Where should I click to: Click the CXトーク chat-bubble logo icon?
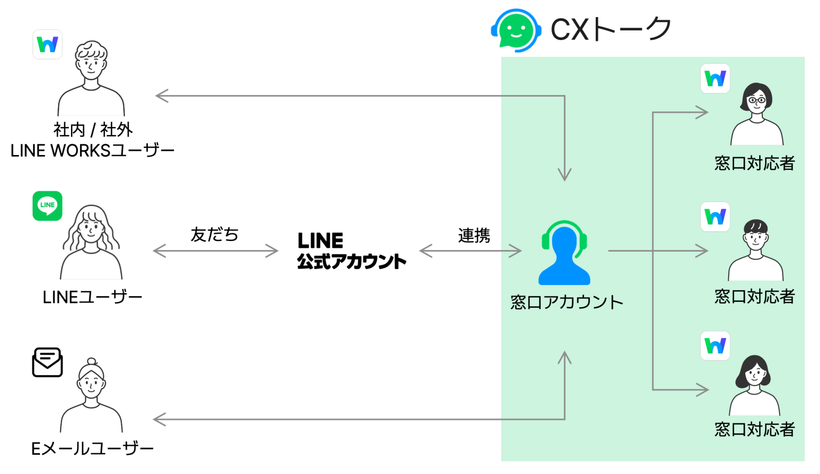515,30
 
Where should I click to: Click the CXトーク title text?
611,29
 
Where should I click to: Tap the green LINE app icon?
48,206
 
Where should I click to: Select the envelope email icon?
48,362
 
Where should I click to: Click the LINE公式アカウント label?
351,250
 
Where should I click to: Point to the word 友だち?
215,235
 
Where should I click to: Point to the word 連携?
474,235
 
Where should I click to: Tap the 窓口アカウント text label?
566,302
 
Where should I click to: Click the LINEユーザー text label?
92,297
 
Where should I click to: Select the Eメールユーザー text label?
92,448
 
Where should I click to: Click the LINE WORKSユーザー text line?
92,151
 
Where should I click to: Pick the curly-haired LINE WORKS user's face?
91,64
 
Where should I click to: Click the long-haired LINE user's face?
91,229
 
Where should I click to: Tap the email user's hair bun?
91,362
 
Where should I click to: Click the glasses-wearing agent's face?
756,100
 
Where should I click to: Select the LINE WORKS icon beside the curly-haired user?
48,44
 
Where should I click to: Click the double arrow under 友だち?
215,251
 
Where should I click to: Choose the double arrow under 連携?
470,251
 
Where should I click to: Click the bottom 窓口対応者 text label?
754,429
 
